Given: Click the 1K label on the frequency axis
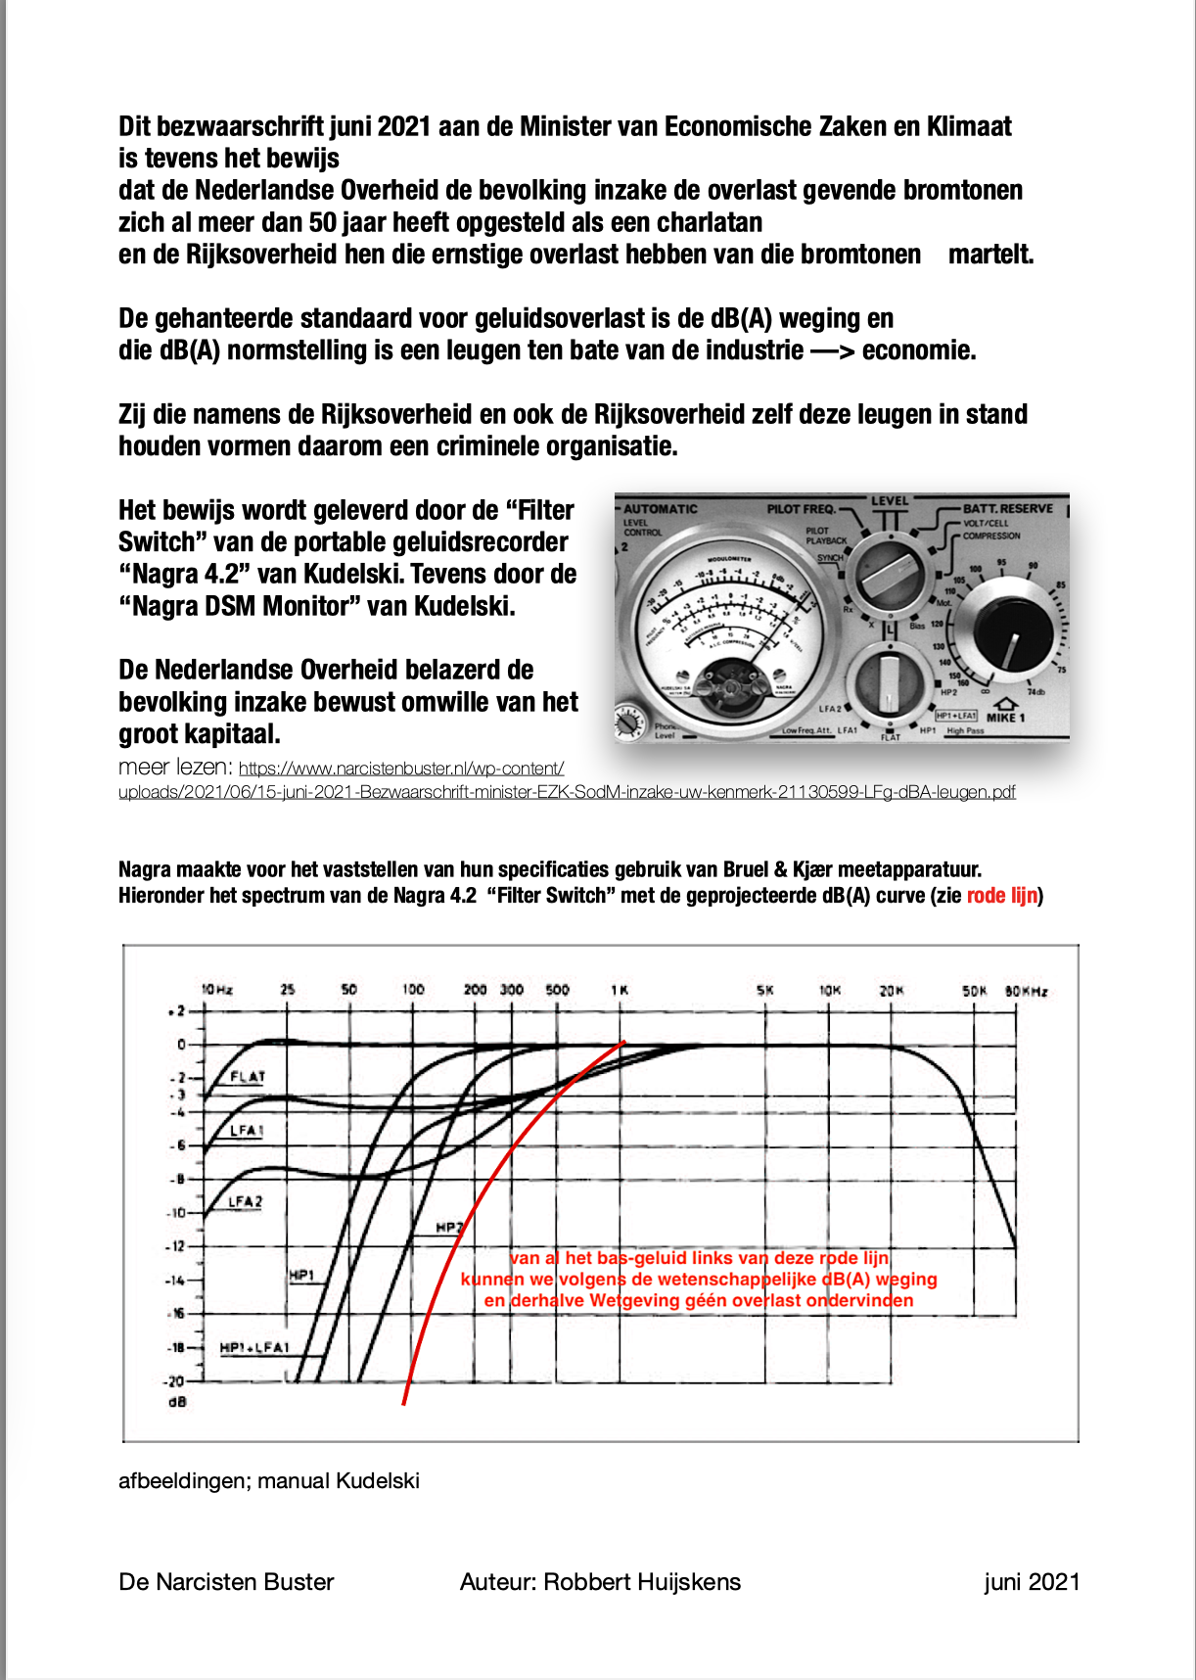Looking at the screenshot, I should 620,990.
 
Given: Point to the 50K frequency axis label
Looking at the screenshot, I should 974,991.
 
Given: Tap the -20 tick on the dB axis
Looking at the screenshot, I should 175,1381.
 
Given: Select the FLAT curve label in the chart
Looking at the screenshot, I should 248,1077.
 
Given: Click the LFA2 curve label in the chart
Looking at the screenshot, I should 245,1201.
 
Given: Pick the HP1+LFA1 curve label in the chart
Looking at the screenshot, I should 254,1348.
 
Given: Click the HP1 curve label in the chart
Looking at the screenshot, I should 301,1275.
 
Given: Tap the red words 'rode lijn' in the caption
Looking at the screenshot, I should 1001,896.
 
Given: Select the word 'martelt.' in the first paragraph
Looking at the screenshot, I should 990,255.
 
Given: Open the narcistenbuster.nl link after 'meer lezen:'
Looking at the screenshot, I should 401,770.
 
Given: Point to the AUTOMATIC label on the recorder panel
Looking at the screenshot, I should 661,509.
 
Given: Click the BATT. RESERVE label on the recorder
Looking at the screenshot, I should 1007,508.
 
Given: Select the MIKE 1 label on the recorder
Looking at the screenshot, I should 1005,718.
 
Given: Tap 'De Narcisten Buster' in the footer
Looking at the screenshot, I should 226,1582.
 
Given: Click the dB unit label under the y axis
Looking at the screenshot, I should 177,1402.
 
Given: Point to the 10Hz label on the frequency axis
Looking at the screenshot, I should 216,990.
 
